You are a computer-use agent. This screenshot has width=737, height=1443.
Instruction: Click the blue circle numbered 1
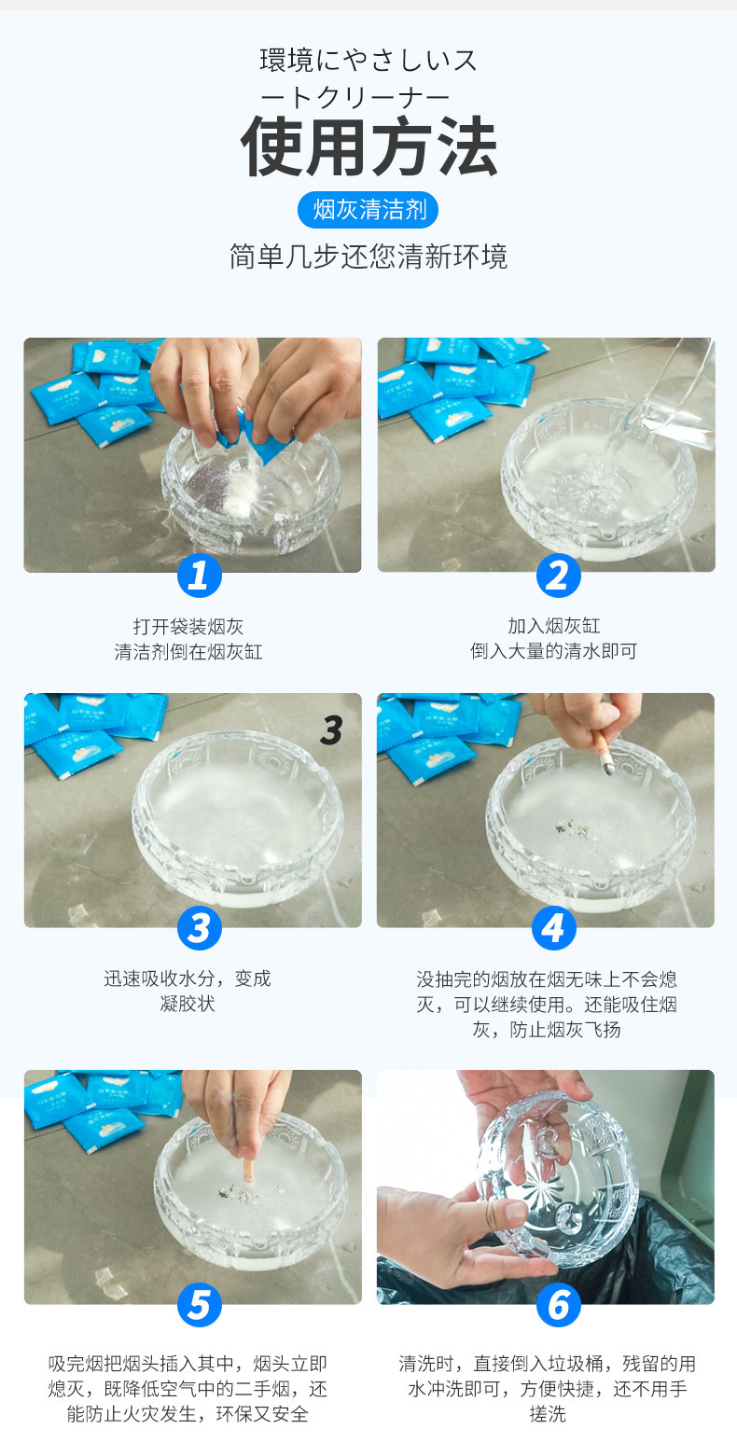click(200, 576)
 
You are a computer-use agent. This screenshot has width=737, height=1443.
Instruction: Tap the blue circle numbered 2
click(559, 576)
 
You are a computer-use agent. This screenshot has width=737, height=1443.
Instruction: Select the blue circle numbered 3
click(200, 928)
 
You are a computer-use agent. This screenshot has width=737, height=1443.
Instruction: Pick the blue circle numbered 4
click(554, 928)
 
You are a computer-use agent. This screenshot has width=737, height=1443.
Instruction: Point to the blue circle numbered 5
click(200, 1305)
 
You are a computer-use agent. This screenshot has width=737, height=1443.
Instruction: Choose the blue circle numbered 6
click(559, 1305)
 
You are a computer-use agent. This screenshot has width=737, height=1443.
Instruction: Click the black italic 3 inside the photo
click(331, 729)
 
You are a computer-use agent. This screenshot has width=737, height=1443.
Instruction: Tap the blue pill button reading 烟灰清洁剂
click(368, 209)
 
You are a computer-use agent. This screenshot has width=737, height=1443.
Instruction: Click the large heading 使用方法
click(368, 146)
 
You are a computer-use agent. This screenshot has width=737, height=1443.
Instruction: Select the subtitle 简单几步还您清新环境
click(368, 257)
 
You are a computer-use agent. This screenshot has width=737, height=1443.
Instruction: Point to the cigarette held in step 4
click(605, 753)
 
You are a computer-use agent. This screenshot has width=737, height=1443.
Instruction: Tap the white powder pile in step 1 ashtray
click(242, 493)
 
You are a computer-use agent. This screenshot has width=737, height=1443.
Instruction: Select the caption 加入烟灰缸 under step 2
click(554, 626)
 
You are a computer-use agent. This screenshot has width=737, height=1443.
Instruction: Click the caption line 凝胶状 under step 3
click(188, 1004)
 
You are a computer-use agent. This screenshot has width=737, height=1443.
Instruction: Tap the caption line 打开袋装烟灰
click(188, 626)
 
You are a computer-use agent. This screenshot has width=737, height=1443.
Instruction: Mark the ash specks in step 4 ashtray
click(574, 830)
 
